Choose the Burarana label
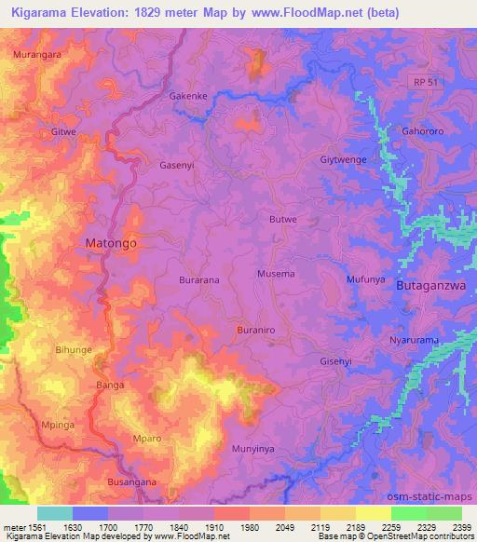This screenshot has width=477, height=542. pos(198,278)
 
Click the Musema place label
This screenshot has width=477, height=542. pos(276,274)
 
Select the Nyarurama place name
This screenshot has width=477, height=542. pos(414,341)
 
